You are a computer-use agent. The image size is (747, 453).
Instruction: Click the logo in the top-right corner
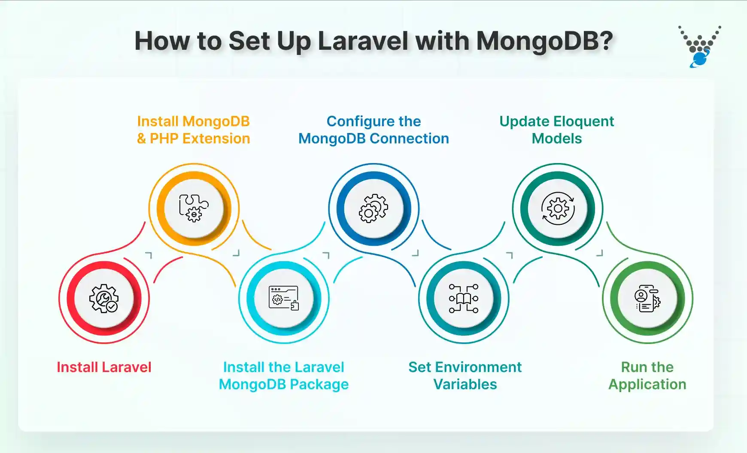coord(699,47)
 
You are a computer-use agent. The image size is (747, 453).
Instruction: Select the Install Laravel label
coord(104,367)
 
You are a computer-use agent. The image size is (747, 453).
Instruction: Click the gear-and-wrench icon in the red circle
coord(104,298)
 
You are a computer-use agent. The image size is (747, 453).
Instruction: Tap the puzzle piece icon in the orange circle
coord(194,208)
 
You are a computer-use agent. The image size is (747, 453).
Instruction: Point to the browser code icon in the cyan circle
coord(284,298)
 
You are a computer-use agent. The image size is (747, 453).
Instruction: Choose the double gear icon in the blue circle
coord(373,208)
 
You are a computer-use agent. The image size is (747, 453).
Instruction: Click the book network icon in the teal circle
coord(464,298)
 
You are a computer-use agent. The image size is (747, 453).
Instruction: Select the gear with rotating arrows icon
coord(558,208)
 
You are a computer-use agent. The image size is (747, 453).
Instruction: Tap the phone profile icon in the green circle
coord(647,298)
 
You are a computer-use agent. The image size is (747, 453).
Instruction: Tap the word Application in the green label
coord(647,384)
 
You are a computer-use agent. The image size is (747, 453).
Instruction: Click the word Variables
coord(465,384)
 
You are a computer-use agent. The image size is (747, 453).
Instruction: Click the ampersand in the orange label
coord(142,139)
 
